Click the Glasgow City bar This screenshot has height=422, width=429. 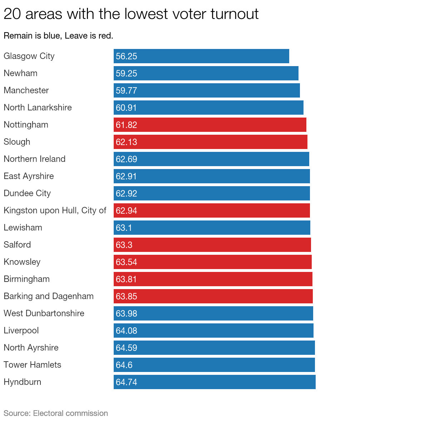[201, 56]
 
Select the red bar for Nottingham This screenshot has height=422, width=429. [210, 125]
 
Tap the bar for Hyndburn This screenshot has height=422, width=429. [214, 382]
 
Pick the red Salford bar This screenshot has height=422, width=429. [212, 245]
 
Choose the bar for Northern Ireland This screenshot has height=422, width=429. [211, 159]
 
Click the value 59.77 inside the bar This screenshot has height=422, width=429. [126, 90]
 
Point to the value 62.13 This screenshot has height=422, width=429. [126, 142]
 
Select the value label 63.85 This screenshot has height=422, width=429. [126, 296]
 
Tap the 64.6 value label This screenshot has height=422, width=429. [124, 365]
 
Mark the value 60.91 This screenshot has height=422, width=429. [126, 108]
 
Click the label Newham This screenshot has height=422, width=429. [20, 73]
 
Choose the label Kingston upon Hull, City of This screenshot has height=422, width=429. [55, 210]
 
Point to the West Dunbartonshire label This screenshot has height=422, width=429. [44, 313]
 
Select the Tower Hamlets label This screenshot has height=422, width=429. [33, 365]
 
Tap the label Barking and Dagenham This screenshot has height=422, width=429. [49, 296]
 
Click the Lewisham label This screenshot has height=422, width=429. [23, 228]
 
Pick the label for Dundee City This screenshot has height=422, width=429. [28, 193]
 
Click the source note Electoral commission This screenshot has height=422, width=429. [56, 413]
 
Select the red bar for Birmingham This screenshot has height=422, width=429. [213, 279]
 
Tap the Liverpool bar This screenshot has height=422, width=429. [213, 331]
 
